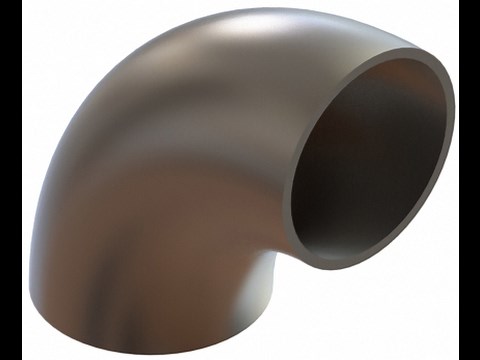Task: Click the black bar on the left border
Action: tap(10, 180)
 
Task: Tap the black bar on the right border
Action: tap(469, 180)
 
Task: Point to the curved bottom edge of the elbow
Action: tap(150, 328)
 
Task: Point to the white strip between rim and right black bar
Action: tap(457, 200)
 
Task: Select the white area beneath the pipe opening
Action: tap(380, 310)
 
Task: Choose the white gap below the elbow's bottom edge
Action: tap(150, 345)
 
